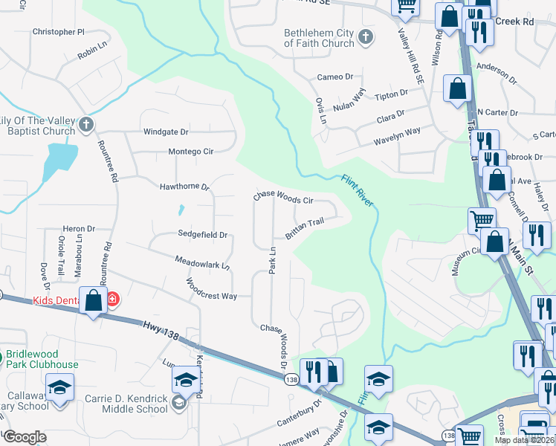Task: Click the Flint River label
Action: point(358,190)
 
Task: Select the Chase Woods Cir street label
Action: point(283,198)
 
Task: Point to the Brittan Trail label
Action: point(304,227)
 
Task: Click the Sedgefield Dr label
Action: point(201,234)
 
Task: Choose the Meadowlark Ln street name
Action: point(202,262)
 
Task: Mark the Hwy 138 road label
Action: point(160,330)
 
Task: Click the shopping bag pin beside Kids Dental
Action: point(94,302)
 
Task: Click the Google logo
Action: point(25,437)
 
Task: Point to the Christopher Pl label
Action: point(59,33)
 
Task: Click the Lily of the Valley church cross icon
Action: point(86,125)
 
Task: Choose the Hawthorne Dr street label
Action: point(184,187)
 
